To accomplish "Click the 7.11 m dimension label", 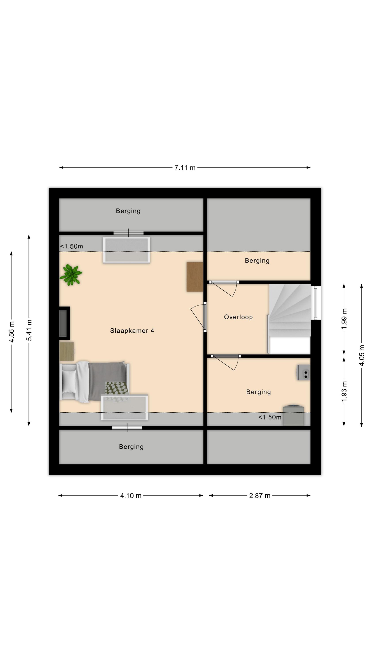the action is (x=185, y=168).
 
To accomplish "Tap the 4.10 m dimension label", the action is (x=131, y=496).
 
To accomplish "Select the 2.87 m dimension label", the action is (x=260, y=496).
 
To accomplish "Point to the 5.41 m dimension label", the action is (x=29, y=330).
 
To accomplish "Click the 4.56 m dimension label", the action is (x=11, y=332).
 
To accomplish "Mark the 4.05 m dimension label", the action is (x=362, y=355).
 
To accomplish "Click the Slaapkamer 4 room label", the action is (x=132, y=331).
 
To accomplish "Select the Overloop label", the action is (x=238, y=317).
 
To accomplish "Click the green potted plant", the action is (x=71, y=275).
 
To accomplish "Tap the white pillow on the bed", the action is (x=69, y=382).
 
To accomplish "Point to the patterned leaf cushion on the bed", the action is (x=116, y=388).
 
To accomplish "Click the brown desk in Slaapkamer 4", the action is (x=195, y=277).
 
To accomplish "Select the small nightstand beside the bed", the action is (x=67, y=351).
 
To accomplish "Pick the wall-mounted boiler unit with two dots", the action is (x=304, y=372).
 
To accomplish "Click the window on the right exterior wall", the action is (x=316, y=303).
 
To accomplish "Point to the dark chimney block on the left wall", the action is (x=64, y=323).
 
